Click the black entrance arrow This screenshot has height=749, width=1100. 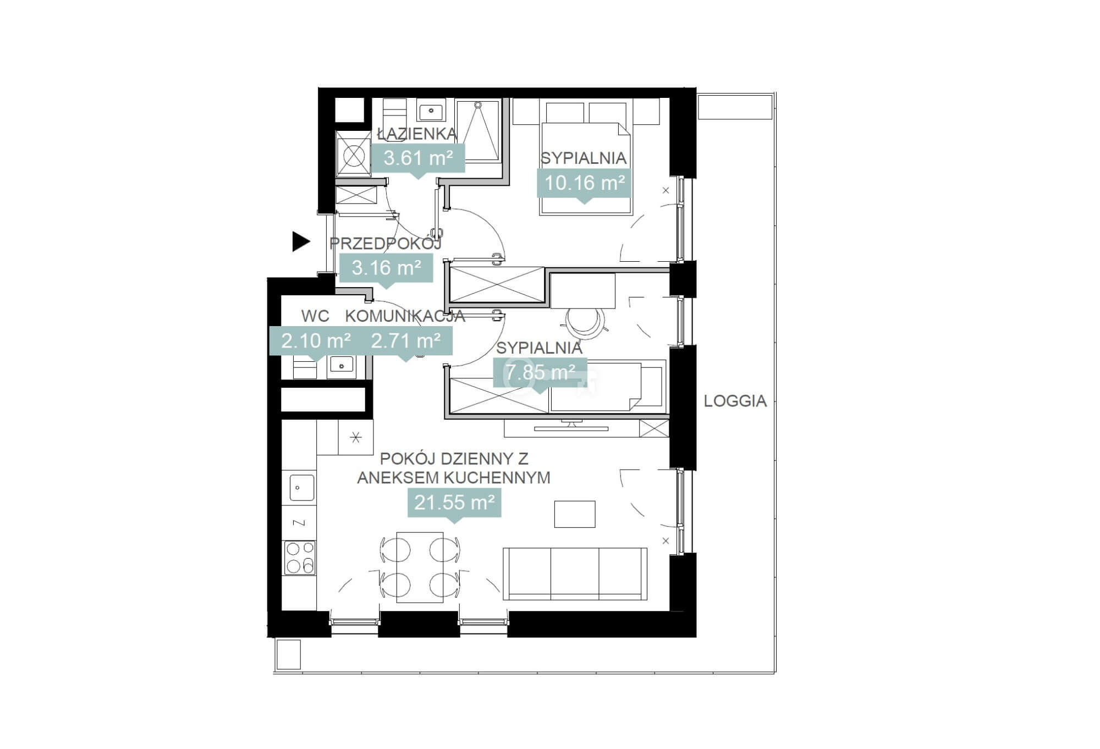[x=301, y=241]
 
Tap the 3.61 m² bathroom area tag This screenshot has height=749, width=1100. [x=419, y=158]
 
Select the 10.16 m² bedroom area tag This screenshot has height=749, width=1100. [x=584, y=183]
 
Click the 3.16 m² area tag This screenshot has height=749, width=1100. [x=386, y=268]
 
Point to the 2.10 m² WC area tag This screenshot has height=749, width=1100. [x=316, y=341]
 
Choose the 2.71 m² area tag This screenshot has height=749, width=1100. [x=406, y=341]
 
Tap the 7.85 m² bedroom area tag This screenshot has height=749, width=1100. [x=541, y=372]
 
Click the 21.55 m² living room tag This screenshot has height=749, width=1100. [x=454, y=502]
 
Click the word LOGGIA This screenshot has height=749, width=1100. [x=735, y=401]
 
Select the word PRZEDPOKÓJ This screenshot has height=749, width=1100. [x=386, y=243]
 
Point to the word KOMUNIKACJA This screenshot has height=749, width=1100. [x=405, y=316]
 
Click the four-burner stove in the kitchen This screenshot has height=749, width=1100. [x=300, y=557]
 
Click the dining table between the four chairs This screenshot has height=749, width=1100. [x=420, y=567]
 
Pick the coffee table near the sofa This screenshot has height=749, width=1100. [x=575, y=514]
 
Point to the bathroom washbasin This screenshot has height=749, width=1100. [x=431, y=112]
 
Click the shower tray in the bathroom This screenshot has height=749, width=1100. [x=478, y=131]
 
